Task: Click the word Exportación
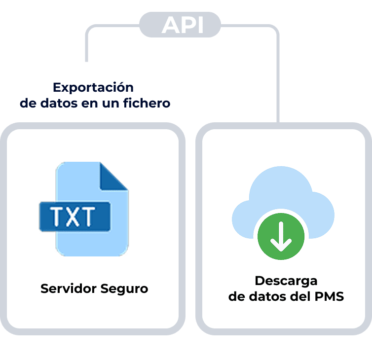click(93, 88)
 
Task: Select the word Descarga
click(286, 281)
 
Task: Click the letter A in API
click(168, 25)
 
